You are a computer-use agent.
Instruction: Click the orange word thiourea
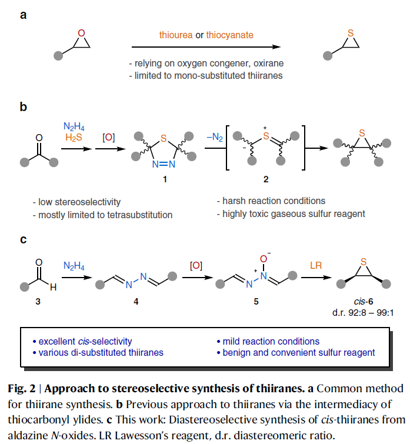[x=176, y=35]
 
